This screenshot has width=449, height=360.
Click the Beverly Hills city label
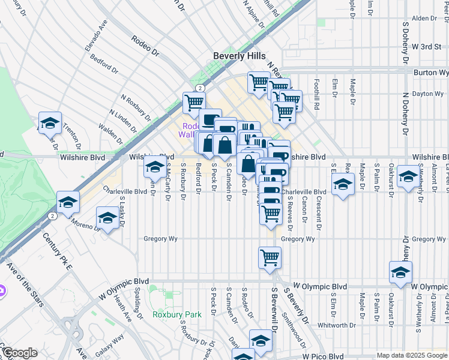(240, 56)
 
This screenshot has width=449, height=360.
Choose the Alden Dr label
(424, 19)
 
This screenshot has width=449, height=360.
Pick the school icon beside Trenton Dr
(50, 123)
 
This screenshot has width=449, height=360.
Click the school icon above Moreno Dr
(107, 217)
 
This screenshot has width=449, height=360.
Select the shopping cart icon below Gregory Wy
(270, 257)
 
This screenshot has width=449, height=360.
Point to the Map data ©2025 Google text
(412, 356)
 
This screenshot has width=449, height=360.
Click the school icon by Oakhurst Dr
(408, 176)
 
